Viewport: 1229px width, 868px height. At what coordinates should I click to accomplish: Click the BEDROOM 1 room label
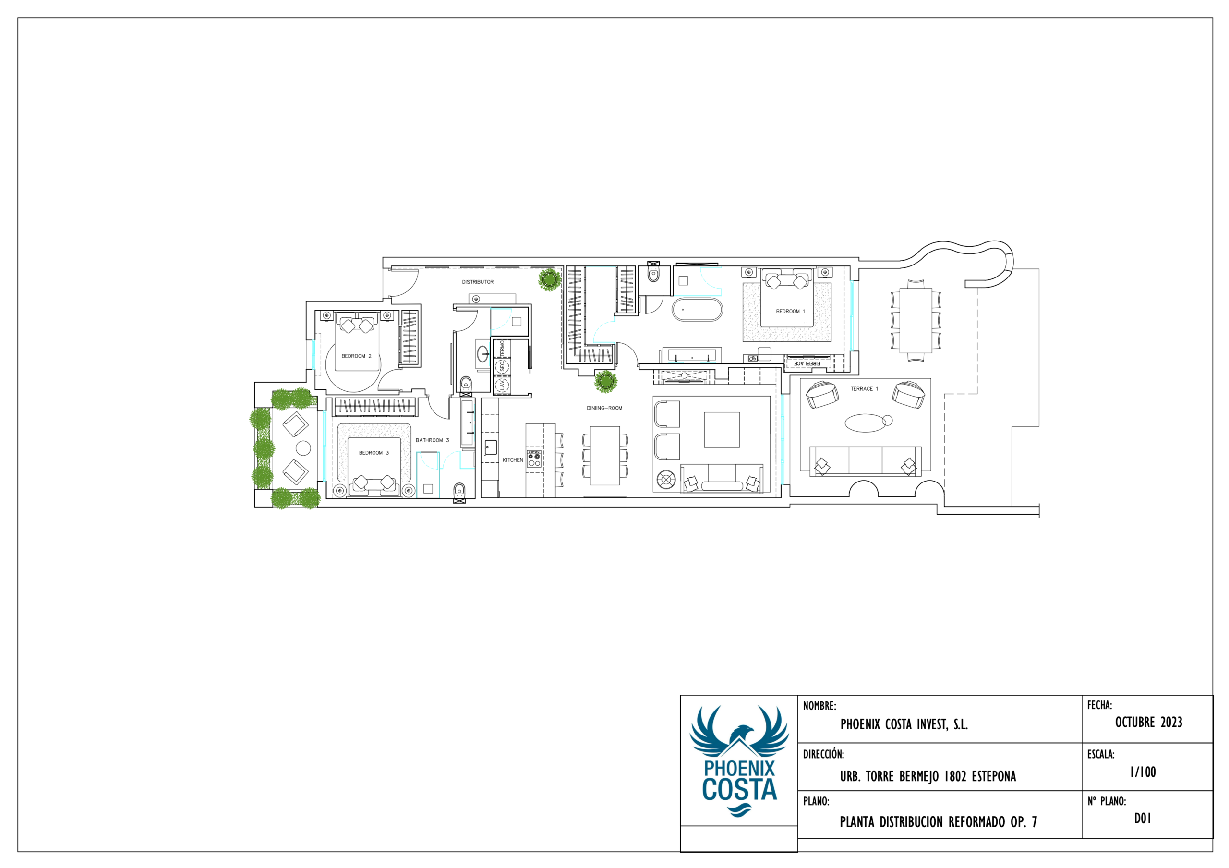[790, 312]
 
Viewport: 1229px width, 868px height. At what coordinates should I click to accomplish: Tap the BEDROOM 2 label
[356, 356]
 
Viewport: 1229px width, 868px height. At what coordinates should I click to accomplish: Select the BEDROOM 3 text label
[374, 453]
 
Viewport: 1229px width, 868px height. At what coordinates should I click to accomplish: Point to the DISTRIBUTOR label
[478, 282]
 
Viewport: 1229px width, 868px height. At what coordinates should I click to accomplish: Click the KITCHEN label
[512, 460]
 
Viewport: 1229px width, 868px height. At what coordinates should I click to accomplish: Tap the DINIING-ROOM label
[604, 408]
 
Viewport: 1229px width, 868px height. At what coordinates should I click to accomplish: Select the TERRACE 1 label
[865, 389]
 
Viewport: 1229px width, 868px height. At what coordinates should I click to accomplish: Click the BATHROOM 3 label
[432, 440]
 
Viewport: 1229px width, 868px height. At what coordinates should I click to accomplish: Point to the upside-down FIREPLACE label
[807, 364]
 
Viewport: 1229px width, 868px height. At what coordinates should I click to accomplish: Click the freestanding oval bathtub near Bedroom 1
[697, 310]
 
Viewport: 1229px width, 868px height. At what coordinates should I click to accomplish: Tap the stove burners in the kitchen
[534, 458]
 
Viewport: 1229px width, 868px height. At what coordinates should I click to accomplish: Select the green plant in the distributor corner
[549, 279]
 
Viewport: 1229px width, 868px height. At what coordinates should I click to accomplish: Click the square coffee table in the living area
[722, 430]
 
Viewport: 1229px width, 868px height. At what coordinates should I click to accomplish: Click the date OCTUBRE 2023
[1149, 723]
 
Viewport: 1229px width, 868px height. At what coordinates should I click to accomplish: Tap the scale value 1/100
[1143, 772]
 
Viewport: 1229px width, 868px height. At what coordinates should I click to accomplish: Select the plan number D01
[1142, 818]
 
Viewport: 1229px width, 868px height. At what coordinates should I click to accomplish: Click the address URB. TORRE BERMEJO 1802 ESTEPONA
[928, 776]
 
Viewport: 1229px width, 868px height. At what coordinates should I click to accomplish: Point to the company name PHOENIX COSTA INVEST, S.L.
[904, 724]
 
